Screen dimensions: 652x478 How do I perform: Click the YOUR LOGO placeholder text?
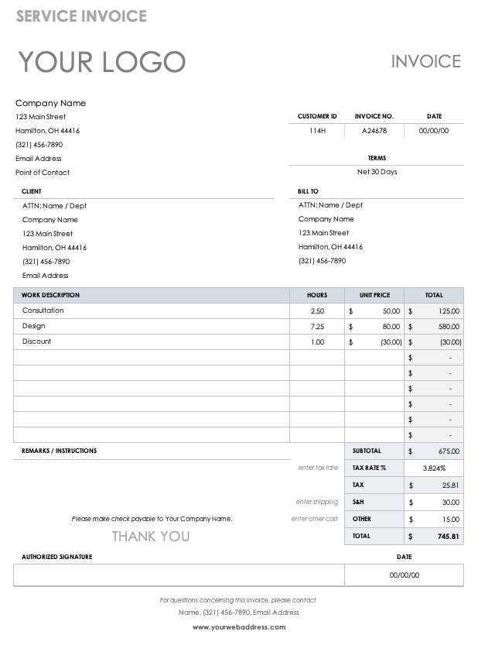(101, 62)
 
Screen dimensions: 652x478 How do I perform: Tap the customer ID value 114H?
(317, 131)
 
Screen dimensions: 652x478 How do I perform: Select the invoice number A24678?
(374, 131)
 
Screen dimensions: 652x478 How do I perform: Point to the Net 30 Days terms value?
(377, 172)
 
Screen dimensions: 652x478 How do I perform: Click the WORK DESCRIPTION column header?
(50, 295)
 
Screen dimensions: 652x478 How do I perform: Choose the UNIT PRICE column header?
(374, 295)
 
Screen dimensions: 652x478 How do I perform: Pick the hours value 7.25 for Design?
(317, 326)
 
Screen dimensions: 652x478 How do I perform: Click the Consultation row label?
(43, 311)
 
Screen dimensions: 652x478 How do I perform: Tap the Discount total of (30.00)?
(450, 341)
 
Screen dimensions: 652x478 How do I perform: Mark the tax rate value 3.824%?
(434, 468)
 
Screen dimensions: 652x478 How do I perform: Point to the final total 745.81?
(448, 536)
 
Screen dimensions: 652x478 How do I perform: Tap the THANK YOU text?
(151, 536)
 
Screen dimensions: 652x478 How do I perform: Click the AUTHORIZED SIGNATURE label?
(57, 557)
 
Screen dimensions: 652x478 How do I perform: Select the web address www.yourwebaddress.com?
(239, 627)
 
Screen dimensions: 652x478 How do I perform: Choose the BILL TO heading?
(308, 191)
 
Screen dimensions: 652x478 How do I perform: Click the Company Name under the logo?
(50, 103)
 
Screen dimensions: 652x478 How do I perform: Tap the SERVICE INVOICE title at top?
(81, 16)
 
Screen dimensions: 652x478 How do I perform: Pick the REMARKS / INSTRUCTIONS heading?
(60, 451)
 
